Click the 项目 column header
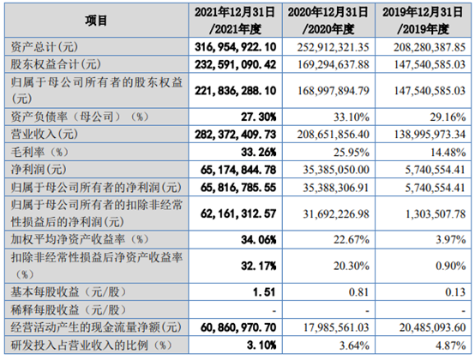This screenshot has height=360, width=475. click(96, 21)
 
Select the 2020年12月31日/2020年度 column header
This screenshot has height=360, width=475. click(328, 21)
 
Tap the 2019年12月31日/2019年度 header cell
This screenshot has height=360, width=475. click(423, 21)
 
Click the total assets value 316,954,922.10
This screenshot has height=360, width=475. click(236, 47)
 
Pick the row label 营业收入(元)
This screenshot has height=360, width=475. click(45, 134)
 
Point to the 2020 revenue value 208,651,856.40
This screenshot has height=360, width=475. click(333, 134)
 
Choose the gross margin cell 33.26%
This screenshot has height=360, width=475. click(259, 152)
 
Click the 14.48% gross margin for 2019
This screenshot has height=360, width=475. click(448, 152)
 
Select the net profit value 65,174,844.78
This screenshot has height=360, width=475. click(238, 170)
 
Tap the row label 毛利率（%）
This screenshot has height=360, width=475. click(39, 152)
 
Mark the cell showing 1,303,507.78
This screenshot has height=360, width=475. click(436, 214)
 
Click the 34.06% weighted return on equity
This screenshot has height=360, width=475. click(259, 240)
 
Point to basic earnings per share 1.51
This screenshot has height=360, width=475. click(264, 292)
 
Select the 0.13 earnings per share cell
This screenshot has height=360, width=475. click(455, 292)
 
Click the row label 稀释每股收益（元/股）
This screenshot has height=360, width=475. click(69, 309)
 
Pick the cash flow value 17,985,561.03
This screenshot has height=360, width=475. click(336, 327)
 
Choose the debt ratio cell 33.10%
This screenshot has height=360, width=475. click(352, 117)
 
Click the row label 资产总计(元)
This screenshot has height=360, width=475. click(45, 47)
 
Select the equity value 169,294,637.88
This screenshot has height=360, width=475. click(334, 64)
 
